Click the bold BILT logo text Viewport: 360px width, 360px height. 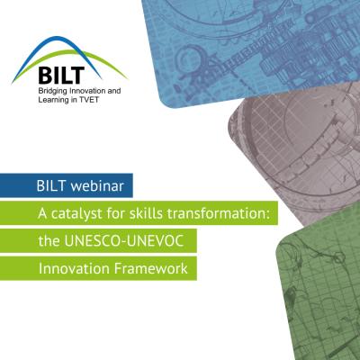[x=61, y=75]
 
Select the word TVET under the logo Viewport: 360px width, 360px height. [x=88, y=100]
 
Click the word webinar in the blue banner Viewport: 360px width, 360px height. [x=97, y=186]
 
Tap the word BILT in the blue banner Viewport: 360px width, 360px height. [x=51, y=186]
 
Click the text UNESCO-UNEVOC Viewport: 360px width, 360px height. [x=124, y=241]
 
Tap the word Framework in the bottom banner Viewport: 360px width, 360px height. [x=151, y=268]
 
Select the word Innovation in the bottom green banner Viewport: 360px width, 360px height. [x=74, y=268]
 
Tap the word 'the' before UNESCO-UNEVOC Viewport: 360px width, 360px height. [x=49, y=241]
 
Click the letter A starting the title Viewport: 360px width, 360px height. [x=42, y=213]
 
